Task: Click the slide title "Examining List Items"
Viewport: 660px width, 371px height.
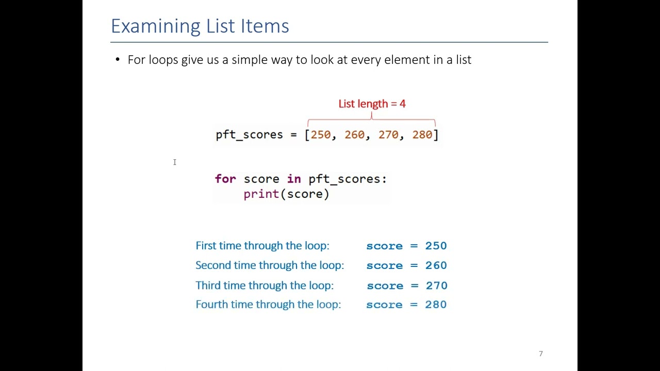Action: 200,26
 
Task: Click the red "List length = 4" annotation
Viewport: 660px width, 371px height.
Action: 372,104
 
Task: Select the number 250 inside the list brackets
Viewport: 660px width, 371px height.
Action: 321,135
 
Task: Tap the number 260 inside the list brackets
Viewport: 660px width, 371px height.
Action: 354,135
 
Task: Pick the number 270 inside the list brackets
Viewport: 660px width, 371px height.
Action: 388,135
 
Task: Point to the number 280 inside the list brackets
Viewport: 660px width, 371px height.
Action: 422,135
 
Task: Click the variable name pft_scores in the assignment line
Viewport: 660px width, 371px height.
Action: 249,135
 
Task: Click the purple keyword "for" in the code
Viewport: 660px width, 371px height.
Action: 225,179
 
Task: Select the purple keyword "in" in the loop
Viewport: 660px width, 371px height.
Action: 294,179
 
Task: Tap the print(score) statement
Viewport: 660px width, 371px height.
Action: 286,194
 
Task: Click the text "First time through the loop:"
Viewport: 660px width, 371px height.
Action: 262,246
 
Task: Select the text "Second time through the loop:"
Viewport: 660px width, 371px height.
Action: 269,265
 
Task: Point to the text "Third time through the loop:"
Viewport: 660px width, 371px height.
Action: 264,285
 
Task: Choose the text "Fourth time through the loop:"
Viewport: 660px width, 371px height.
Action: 268,305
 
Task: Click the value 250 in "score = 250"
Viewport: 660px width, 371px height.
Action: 436,246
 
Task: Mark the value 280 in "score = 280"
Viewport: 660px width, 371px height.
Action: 436,305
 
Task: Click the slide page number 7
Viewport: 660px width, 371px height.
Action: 541,353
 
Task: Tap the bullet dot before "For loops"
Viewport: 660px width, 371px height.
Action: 118,60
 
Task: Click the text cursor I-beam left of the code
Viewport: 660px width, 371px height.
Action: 175,162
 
